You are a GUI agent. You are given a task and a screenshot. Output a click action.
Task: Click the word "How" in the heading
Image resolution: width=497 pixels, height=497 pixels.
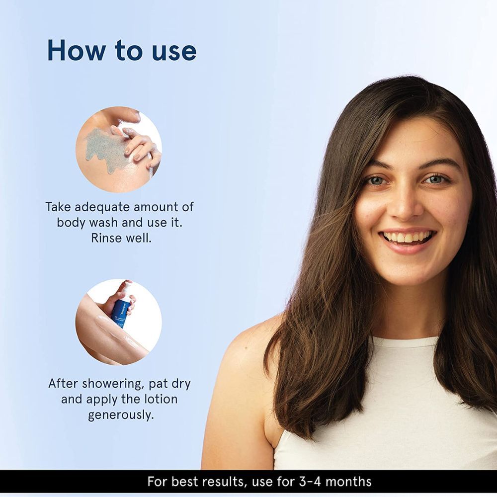75,50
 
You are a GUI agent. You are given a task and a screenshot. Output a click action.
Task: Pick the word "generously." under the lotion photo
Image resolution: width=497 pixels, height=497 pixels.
120,415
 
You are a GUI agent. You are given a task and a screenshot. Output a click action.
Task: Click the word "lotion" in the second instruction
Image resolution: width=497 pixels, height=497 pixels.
161,399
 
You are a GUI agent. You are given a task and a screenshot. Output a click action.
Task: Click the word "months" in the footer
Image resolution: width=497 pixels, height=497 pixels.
348,482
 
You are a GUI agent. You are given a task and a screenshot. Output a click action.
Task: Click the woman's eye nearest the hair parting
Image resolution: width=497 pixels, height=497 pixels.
436,179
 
